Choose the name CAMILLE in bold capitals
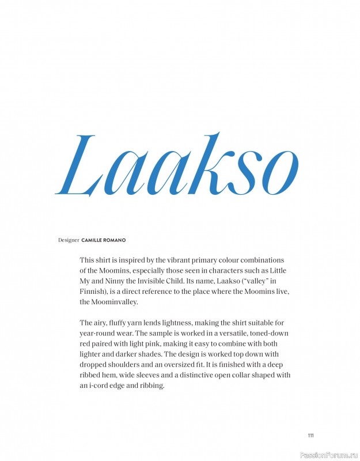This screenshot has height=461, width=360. point(94,240)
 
